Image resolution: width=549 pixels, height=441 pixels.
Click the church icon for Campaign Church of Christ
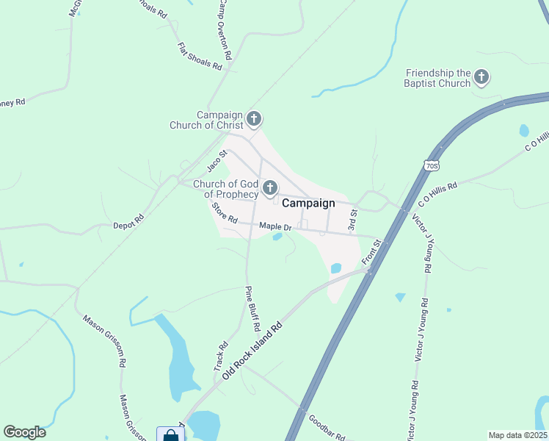tap(254, 118)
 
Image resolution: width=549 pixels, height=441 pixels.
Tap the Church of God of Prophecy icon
tap(270, 187)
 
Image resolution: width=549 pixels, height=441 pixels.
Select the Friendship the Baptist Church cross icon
tap(481, 76)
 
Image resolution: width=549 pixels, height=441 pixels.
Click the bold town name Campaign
tap(308, 204)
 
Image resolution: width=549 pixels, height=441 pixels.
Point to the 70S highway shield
tap(432, 165)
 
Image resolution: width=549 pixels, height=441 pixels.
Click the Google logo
tap(24, 432)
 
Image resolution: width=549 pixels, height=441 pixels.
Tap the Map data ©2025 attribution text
tap(517, 435)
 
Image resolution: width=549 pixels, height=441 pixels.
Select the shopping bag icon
tap(170, 435)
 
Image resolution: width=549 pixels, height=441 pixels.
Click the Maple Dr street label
tap(276, 228)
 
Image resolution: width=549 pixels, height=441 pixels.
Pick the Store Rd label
tap(225, 214)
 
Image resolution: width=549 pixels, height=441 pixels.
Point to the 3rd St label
tap(352, 220)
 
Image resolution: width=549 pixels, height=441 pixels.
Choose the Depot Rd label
tap(128, 223)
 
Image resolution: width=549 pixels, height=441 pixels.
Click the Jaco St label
tap(214, 161)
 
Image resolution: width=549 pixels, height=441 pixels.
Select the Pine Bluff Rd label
tap(252, 307)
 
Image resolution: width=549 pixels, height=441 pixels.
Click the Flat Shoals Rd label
tap(200, 56)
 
